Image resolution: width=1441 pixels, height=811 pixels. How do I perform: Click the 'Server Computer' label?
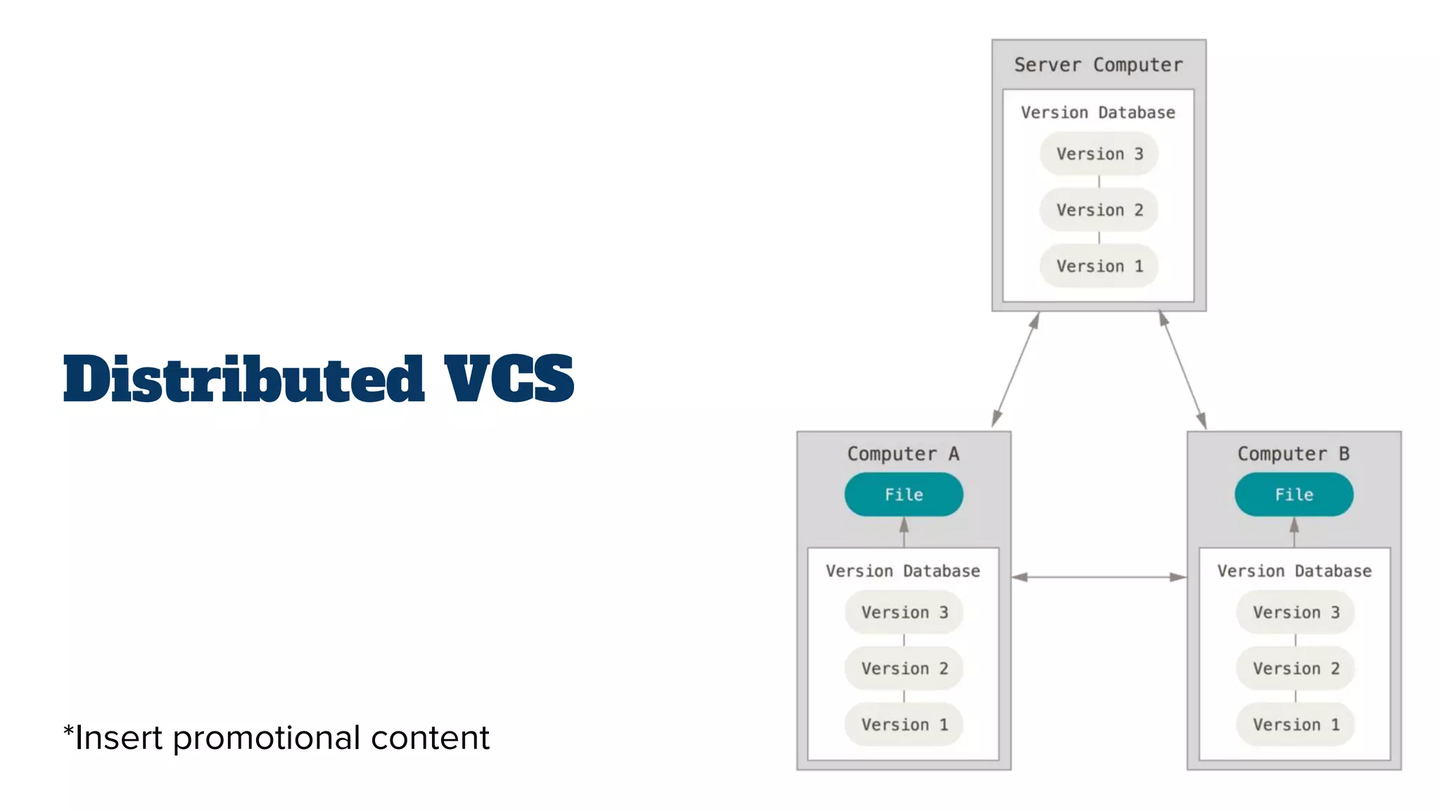click(1098, 65)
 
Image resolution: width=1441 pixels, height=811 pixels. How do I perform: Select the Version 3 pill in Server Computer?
click(1099, 154)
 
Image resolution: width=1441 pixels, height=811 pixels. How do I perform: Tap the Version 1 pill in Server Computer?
click(1099, 266)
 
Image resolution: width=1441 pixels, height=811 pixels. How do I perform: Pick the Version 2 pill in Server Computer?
click(1099, 210)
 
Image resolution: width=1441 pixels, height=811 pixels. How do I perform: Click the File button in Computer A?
click(903, 495)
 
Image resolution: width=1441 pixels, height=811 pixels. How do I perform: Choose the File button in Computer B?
click(1293, 495)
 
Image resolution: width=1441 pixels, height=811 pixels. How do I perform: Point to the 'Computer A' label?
click(903, 454)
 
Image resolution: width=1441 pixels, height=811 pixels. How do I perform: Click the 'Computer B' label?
click(1293, 454)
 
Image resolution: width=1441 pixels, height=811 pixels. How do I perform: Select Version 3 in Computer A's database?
click(904, 612)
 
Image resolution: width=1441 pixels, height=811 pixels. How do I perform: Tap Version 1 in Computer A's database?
click(904, 724)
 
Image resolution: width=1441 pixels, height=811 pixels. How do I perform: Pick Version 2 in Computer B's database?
click(1295, 669)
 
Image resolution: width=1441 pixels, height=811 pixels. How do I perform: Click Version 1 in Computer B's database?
click(1295, 724)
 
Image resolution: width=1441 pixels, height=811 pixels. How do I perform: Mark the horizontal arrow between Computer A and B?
click(1099, 577)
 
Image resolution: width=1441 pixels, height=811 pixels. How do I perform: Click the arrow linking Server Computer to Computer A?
click(1015, 370)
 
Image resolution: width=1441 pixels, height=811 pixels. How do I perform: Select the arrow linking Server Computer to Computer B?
click(1183, 370)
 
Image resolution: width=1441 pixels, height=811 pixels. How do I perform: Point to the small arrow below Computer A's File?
click(904, 532)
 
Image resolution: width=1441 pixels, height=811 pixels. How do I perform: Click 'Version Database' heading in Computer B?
click(1295, 571)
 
